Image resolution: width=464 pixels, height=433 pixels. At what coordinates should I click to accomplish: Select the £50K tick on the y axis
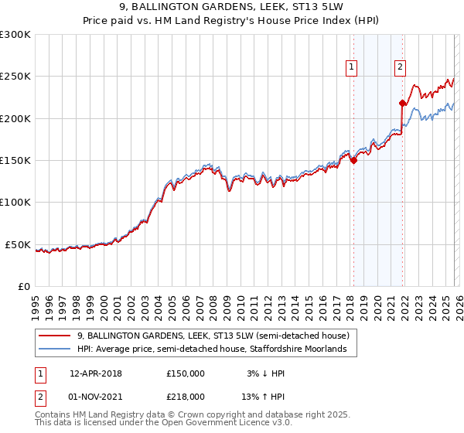pyautogui.click(x=18, y=244)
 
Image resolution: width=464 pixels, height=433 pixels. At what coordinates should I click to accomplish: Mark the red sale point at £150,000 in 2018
pyautogui.click(x=353, y=161)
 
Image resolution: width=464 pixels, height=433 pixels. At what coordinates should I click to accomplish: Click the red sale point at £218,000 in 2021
pyautogui.click(x=402, y=103)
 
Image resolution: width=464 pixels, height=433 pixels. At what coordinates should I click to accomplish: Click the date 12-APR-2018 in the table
pyautogui.click(x=96, y=373)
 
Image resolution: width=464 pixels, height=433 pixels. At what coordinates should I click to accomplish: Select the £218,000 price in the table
pyautogui.click(x=186, y=396)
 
